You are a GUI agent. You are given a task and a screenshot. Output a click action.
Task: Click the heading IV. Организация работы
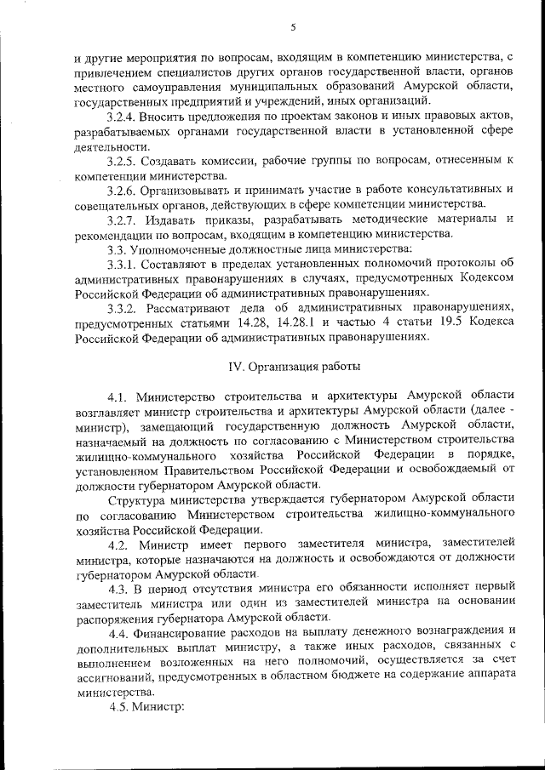(292, 367)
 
